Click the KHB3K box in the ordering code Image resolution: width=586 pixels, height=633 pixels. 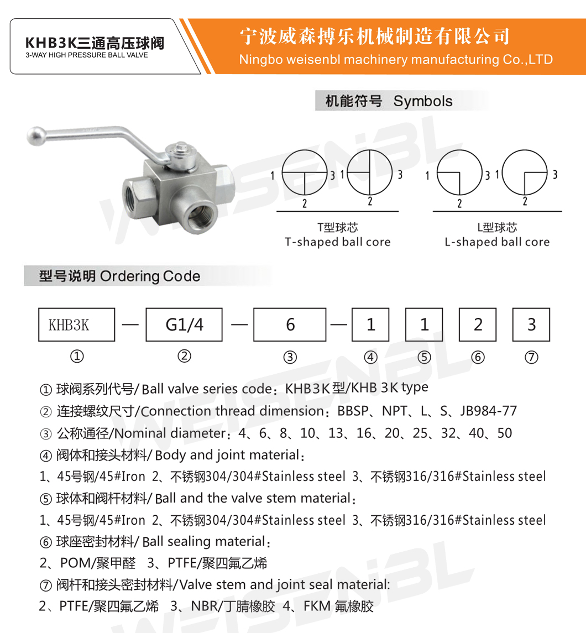pos(76,325)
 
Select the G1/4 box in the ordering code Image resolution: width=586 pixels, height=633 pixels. pos(185,325)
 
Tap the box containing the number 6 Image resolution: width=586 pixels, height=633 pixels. pos(290,325)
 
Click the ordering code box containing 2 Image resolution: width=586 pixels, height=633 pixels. pos(478,325)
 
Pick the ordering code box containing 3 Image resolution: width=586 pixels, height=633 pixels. pos(531,325)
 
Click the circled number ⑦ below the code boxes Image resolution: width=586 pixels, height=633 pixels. pos(531,357)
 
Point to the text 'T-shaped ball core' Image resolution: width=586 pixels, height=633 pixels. pos(337,242)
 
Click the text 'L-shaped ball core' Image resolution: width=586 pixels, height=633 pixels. pos(497,242)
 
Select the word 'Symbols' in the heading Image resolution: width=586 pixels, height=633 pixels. pos(423,101)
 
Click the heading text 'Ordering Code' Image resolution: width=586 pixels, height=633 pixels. pos(150,276)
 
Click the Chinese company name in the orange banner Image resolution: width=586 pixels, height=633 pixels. pos(374,37)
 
